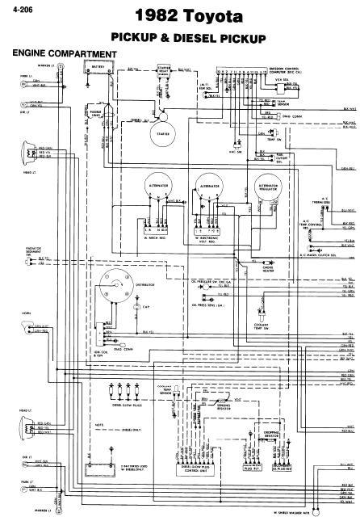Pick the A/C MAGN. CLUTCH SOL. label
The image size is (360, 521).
tap(327, 256)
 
